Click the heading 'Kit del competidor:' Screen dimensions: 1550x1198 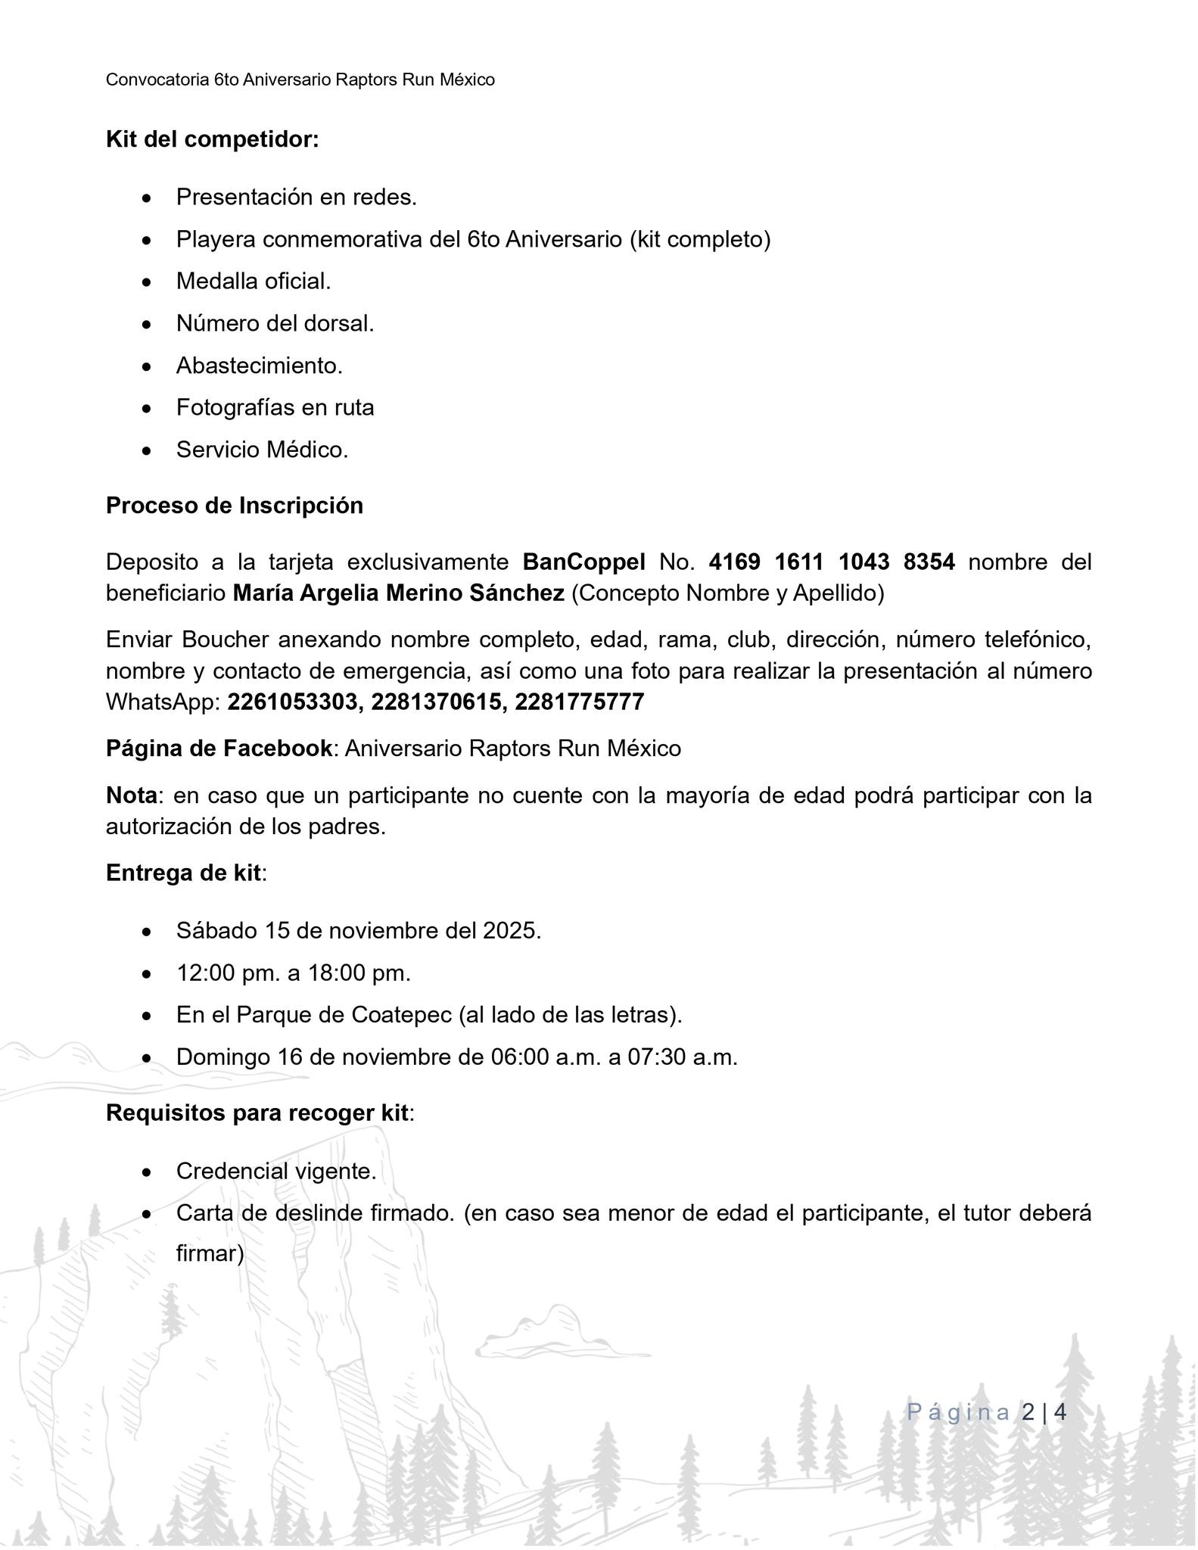tap(212, 140)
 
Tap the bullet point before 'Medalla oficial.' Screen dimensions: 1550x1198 tap(147, 282)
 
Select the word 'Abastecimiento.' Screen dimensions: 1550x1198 tap(260, 366)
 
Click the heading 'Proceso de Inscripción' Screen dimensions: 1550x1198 tap(235, 506)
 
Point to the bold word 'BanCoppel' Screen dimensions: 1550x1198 tap(583, 562)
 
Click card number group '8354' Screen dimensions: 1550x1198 tap(929, 562)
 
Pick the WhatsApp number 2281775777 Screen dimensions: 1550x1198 tap(579, 702)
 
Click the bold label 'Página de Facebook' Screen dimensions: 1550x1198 tap(219, 749)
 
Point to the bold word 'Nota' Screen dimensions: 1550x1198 tap(131, 795)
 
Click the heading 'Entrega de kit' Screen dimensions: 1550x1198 tap(184, 873)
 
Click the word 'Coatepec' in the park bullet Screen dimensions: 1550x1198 tap(401, 1015)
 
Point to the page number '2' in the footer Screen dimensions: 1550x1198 tap(1028, 1412)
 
